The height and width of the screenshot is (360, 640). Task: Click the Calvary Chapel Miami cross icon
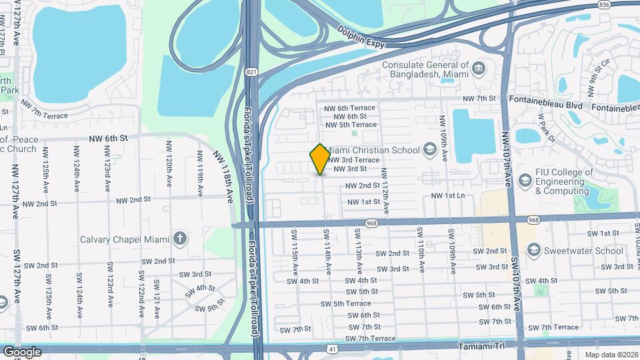tap(179, 239)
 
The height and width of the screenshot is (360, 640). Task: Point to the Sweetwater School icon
tap(533, 251)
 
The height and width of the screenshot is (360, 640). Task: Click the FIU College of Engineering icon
tap(525, 181)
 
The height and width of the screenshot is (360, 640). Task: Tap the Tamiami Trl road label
tap(484, 347)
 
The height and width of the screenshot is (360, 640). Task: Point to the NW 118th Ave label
tap(225, 175)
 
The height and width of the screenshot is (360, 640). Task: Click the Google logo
tap(22, 351)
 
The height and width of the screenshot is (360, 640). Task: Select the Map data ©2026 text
tap(611, 355)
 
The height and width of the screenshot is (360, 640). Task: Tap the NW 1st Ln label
tap(447, 195)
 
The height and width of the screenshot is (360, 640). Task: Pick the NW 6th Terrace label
tap(349, 107)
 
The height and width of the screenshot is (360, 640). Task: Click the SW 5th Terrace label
tap(345, 303)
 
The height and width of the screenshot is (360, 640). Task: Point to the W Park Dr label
tap(547, 133)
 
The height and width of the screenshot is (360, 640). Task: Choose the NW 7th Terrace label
tap(45, 110)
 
